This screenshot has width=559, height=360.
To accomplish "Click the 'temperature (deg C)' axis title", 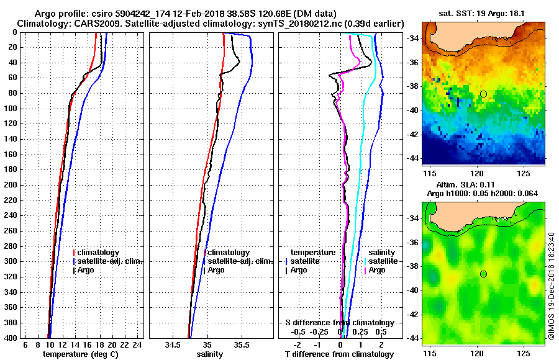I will pos(80,354).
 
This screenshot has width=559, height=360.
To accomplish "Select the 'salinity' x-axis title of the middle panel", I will pos(210,354).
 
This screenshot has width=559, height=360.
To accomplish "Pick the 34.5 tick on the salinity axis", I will pos(174,344).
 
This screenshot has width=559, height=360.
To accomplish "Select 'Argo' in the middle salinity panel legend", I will pos(216,270).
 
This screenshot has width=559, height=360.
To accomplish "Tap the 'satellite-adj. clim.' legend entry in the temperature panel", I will pos(109,261).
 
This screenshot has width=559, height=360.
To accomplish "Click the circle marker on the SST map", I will pos(483,94).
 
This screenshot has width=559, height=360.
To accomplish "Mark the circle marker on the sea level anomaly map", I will pos(483,274).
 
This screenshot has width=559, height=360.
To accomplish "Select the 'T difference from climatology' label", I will pos(339,354).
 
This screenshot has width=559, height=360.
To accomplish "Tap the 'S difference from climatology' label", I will pos(339,323).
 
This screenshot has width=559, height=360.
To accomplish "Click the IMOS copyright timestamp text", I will pos(552,286).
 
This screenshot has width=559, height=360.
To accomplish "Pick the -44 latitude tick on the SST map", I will pos(413,158).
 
